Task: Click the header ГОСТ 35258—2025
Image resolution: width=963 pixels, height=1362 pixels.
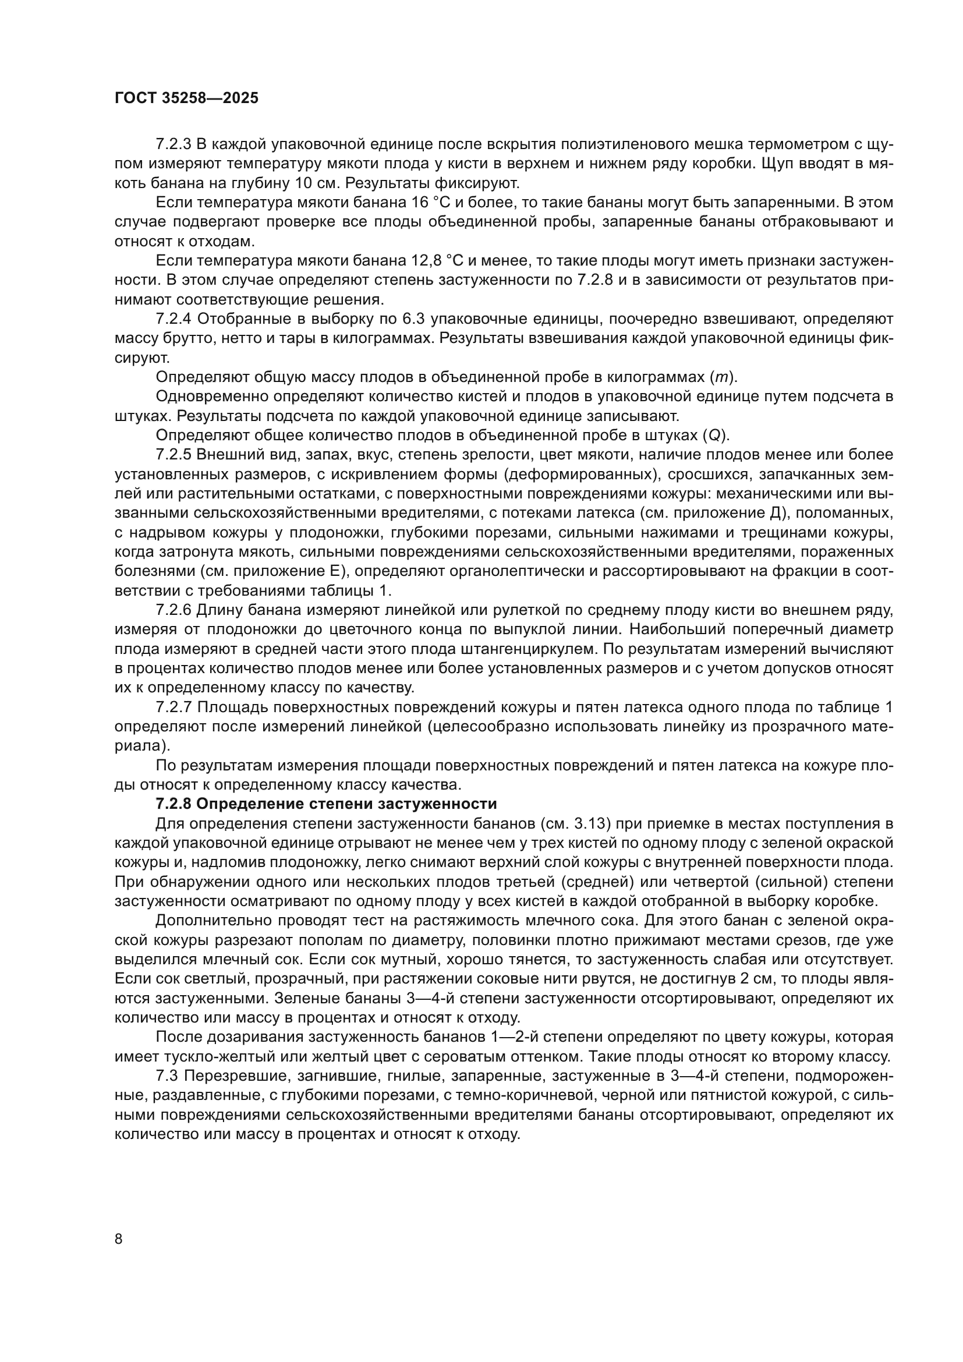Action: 186,98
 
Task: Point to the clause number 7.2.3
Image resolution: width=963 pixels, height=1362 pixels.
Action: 173,144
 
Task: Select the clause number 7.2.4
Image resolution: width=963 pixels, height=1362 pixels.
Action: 173,319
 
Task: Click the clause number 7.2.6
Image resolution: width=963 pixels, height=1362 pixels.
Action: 173,610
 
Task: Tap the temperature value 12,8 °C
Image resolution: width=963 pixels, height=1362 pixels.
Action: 439,261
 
